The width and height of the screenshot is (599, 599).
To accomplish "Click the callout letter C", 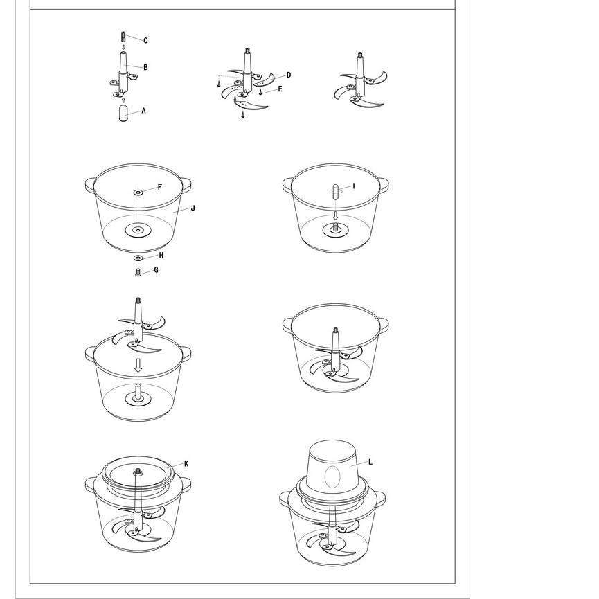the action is (145, 40).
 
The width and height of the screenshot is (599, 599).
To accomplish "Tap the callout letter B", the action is (145, 67).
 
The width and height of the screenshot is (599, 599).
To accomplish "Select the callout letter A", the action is (143, 111).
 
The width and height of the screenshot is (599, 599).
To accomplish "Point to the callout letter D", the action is (289, 75).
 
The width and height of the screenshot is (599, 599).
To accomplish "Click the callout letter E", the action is (280, 89).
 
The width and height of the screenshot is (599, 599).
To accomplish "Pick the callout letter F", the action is (160, 187).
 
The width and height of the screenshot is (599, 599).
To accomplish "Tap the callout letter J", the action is (193, 208).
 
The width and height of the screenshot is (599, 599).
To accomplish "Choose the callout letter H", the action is (161, 256).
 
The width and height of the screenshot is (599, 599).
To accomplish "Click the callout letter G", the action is (156, 270).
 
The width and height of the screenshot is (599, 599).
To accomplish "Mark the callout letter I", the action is (354, 186).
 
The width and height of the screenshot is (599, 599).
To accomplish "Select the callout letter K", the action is (186, 464).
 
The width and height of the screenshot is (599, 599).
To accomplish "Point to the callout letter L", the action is (370, 463).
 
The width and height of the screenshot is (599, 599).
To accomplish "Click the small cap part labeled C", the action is (123, 37).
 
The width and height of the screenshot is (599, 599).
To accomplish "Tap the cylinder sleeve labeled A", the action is (123, 114).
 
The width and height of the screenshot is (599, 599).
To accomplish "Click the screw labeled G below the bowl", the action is (138, 272).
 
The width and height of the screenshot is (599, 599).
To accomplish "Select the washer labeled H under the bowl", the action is (138, 258).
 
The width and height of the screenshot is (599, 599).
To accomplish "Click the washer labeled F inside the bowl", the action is (138, 192).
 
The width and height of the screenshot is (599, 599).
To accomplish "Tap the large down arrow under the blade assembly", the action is (138, 366).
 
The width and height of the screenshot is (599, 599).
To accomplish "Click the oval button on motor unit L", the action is (332, 476).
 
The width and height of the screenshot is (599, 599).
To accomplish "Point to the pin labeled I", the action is (335, 192).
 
